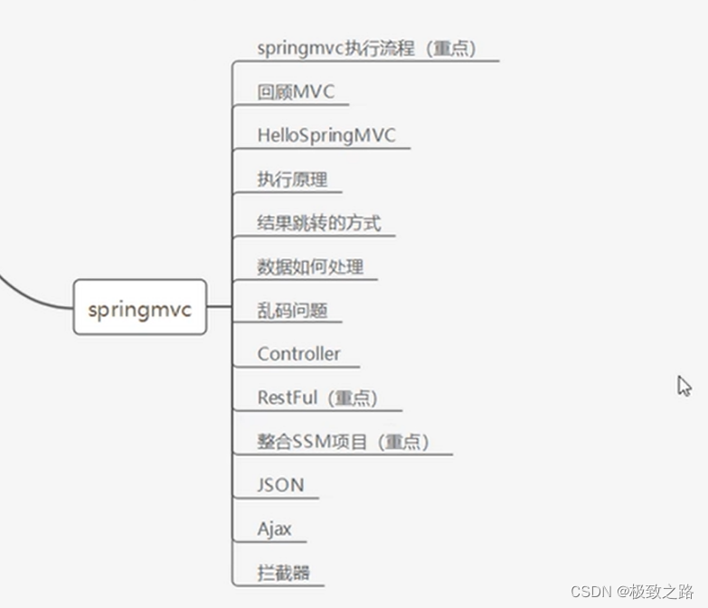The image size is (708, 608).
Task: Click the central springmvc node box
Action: coord(139,308)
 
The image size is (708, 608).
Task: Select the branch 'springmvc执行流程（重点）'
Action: coord(366,49)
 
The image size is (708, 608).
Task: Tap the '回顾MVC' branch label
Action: coord(290,92)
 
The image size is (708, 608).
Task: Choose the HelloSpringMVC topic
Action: coord(326,136)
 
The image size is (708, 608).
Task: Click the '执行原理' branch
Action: coord(292,179)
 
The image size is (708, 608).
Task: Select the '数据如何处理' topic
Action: coord(310,266)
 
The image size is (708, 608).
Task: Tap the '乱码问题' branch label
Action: coord(292,310)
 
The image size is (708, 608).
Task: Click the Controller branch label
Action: coord(298,353)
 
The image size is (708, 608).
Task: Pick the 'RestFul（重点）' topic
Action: coord(317,398)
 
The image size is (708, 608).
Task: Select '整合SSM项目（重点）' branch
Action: coord(343,442)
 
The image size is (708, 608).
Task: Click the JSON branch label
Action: coord(280,484)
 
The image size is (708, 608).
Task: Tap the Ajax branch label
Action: coord(274,528)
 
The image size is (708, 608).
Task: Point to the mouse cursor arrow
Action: coord(684,386)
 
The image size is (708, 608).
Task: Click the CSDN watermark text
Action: coord(591,592)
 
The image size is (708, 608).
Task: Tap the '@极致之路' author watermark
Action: coord(656,592)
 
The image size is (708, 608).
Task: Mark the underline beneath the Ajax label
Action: coord(271,542)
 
